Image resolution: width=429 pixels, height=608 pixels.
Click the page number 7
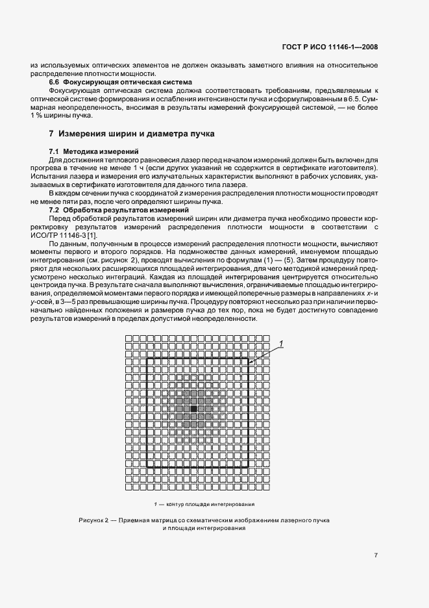click(376, 555)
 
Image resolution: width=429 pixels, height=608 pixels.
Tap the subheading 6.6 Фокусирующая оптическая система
click(121, 82)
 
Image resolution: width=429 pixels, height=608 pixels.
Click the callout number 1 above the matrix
click(281, 342)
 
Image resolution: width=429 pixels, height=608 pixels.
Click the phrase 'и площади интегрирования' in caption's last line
click(204, 529)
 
